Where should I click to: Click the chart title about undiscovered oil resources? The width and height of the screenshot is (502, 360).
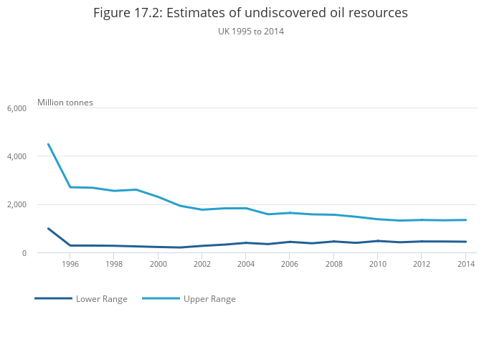[x=251, y=13]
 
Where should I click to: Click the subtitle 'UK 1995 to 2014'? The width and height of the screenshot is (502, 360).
[x=251, y=31]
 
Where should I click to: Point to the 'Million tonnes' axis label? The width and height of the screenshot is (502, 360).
[x=65, y=103]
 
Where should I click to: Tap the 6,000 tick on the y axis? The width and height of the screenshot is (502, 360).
[x=16, y=108]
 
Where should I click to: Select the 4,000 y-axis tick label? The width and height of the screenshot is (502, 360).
[x=16, y=156]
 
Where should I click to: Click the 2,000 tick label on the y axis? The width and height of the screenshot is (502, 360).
[x=16, y=205]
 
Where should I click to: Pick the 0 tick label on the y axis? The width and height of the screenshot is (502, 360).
[x=24, y=253]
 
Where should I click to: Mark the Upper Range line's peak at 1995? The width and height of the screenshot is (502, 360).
[x=48, y=144]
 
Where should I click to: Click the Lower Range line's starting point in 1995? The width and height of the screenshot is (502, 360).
[x=48, y=229]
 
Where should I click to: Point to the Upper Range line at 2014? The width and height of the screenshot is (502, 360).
[x=466, y=220]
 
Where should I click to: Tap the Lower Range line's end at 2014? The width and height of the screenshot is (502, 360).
[x=466, y=242]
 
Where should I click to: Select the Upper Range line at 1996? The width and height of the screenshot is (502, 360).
[x=70, y=187]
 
